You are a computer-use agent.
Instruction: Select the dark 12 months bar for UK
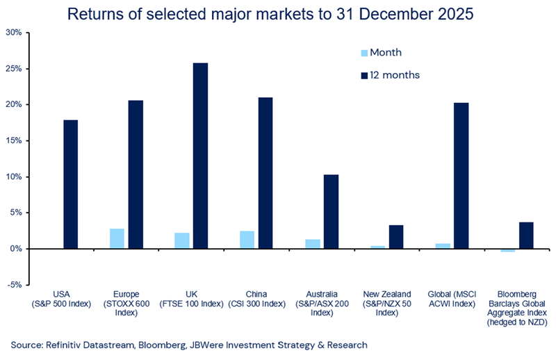[x=200, y=156]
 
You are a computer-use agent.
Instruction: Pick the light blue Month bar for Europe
[x=117, y=238]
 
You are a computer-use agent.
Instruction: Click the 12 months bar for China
[x=265, y=173]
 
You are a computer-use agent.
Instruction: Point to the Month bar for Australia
[x=312, y=244]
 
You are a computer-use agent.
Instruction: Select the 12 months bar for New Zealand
[x=395, y=237]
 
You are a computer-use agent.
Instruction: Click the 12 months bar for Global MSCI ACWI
[x=461, y=176]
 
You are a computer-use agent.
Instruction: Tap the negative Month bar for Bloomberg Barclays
[x=507, y=250]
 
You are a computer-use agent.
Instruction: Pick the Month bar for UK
[x=181, y=240]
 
